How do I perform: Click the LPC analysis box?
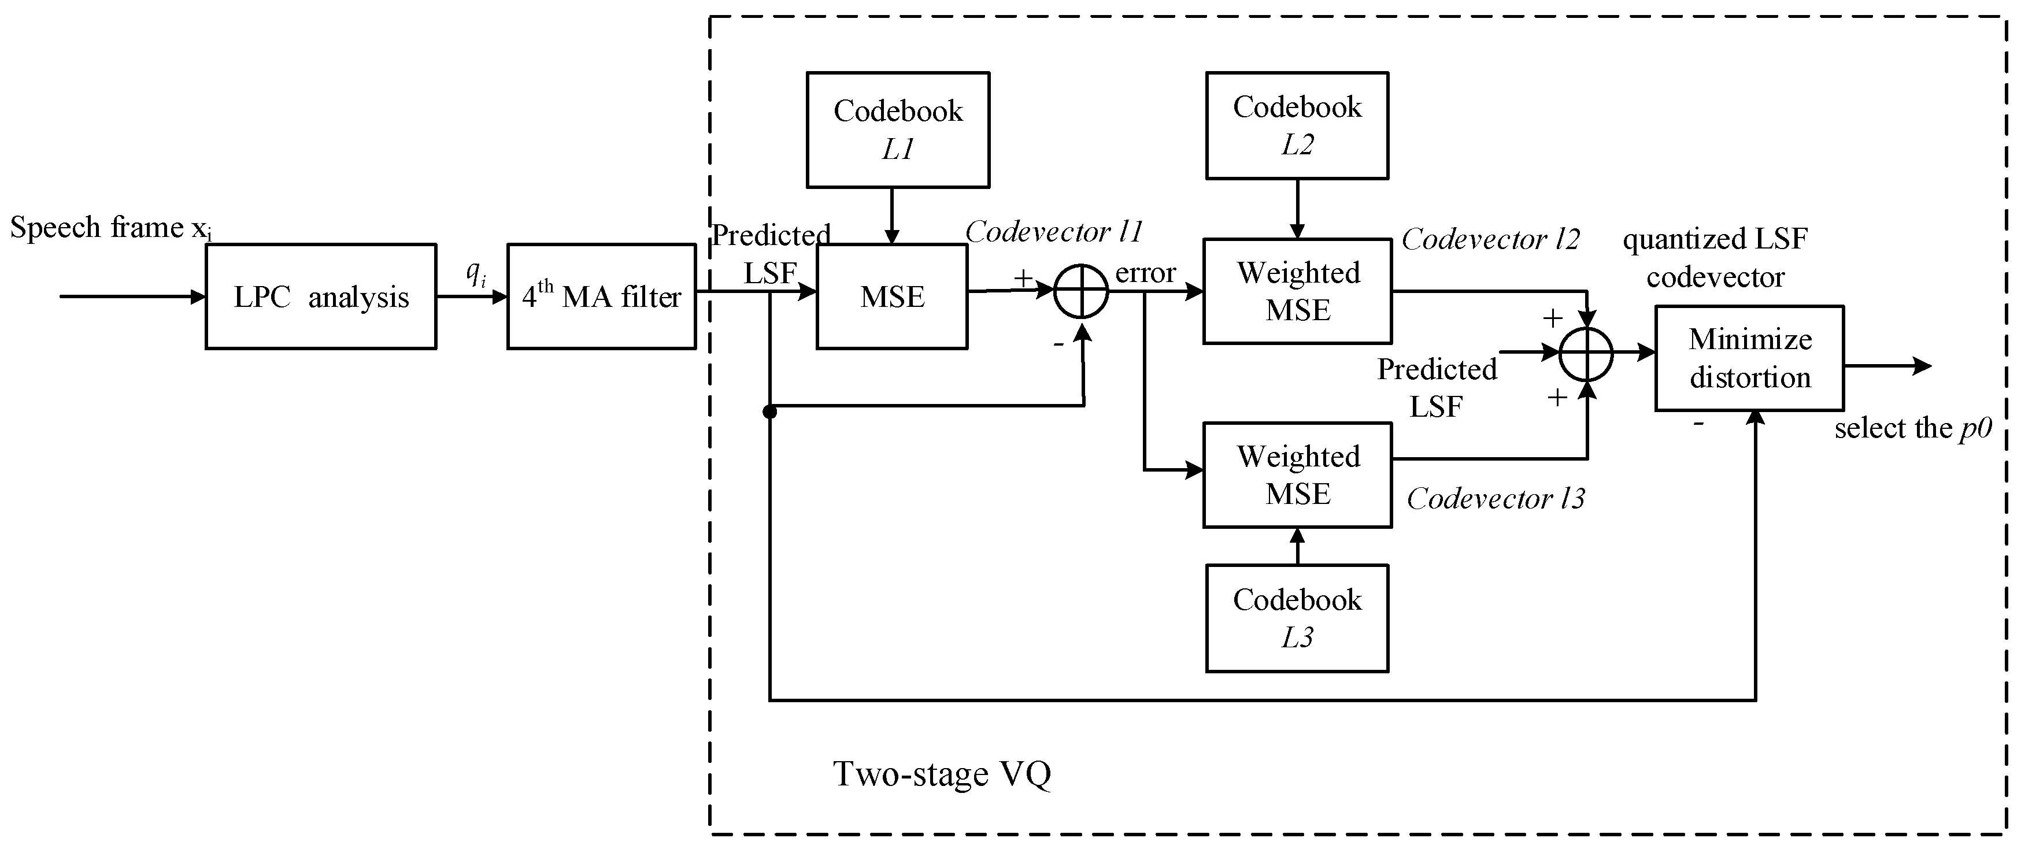click(321, 296)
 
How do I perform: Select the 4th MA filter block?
click(602, 296)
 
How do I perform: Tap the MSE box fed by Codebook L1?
click(892, 296)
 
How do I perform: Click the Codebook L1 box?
click(898, 130)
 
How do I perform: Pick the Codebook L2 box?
click(1297, 125)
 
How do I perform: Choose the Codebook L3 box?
click(1297, 618)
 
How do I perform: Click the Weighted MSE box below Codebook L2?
click(1298, 291)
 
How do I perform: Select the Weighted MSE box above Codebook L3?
click(1298, 474)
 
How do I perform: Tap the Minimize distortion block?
click(1749, 358)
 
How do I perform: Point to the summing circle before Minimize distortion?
click(1586, 354)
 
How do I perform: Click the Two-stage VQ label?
click(942, 774)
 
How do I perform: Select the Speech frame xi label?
click(110, 228)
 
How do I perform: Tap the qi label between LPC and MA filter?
click(475, 273)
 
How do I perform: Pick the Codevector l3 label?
click(1496, 498)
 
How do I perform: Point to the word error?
click(1145, 272)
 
